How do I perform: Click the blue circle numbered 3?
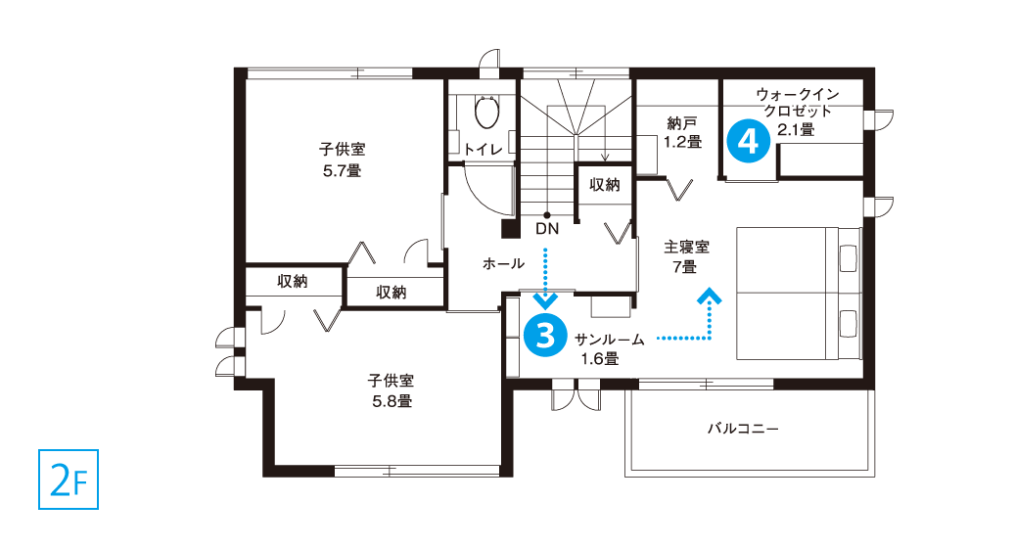545,336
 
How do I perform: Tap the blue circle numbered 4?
748,140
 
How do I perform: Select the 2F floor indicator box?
69,479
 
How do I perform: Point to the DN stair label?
547,228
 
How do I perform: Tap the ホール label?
503,263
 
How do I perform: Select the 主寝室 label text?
686,247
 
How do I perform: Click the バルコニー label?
743,428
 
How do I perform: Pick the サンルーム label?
610,340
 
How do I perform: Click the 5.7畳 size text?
343,170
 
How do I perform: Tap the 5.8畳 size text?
392,401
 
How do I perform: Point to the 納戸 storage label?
682,122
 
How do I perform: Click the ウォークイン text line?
798,94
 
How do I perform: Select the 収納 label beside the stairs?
605,185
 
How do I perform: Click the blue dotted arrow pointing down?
546,277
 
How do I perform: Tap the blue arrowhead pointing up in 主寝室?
710,296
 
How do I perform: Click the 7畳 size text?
684,266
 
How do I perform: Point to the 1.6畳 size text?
599,359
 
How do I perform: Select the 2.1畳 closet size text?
796,129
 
